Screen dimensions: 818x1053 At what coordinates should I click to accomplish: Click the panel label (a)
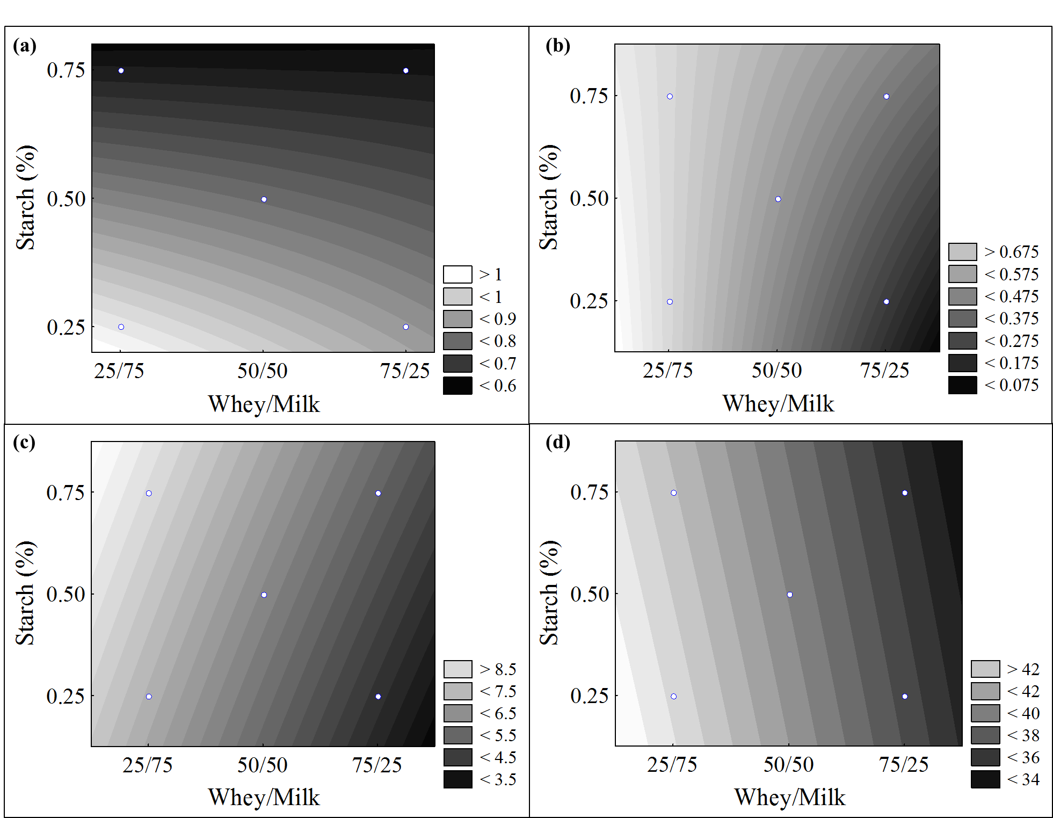(25, 46)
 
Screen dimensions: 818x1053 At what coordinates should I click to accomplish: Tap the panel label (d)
(558, 443)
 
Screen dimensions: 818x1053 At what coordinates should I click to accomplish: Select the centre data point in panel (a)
(264, 199)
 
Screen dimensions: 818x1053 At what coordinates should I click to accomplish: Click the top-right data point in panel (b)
(886, 97)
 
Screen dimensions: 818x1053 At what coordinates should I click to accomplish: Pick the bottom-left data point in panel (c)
(149, 697)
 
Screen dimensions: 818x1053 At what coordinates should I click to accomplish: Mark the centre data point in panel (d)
(789, 595)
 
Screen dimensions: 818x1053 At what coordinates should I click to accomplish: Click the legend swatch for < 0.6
(457, 386)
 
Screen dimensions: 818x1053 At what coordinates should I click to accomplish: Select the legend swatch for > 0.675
(962, 252)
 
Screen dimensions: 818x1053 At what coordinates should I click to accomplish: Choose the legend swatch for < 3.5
(457, 779)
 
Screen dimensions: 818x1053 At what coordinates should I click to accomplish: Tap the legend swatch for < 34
(985, 779)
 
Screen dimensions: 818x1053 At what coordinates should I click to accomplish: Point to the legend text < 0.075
(1012, 385)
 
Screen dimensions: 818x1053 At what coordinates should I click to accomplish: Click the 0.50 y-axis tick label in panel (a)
(66, 199)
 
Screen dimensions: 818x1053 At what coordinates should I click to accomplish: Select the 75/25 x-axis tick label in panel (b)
(884, 371)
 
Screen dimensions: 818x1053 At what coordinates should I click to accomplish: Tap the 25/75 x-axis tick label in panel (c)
(148, 765)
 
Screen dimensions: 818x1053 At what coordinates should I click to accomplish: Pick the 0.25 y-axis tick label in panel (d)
(589, 696)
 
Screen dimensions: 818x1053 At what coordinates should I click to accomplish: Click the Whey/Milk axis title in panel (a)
(264, 404)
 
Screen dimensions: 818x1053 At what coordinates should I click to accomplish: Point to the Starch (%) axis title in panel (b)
(549, 197)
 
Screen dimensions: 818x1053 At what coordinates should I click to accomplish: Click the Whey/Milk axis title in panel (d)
(789, 798)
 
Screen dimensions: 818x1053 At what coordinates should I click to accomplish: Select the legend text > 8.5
(498, 669)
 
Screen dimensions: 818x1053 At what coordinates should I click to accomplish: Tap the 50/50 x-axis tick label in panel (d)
(788, 765)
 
